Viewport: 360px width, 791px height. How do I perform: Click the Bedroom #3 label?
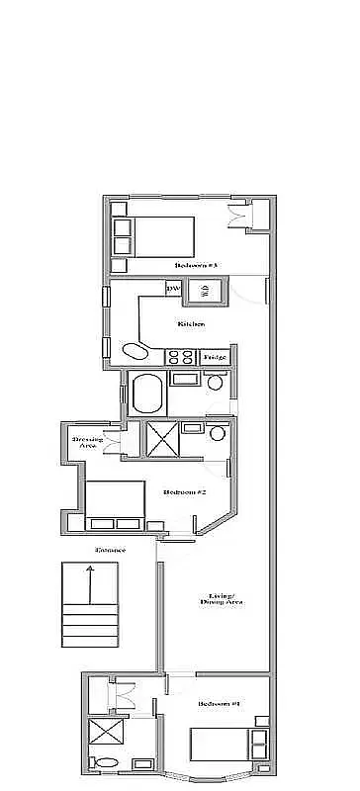196,265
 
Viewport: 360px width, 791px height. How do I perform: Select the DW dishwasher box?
173,289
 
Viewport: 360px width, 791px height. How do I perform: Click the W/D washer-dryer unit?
204,290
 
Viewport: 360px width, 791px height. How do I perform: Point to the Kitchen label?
191,324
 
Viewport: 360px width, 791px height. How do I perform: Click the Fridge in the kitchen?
215,356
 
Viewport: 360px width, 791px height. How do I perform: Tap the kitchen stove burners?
180,356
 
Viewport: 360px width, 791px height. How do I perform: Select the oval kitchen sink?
135,351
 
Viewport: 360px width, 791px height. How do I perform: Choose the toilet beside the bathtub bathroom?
215,383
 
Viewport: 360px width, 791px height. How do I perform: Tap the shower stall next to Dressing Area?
160,436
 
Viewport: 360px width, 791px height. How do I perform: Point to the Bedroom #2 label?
184,491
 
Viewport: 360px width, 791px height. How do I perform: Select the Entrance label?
110,550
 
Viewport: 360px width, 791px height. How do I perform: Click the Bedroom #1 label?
219,703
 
